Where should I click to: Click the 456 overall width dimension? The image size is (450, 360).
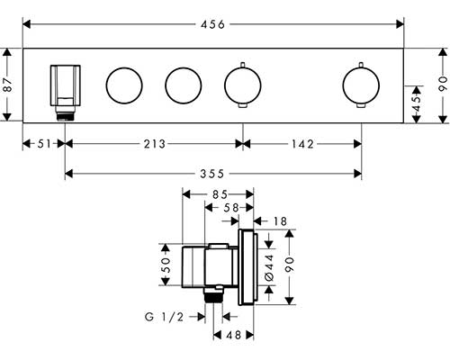click(x=212, y=24)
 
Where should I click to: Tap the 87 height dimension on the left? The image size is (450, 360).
click(x=7, y=85)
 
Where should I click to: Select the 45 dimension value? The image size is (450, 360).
click(x=416, y=103)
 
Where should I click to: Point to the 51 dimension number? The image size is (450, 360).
click(x=45, y=144)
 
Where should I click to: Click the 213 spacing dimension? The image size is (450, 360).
click(x=155, y=144)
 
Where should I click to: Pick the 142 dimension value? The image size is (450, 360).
click(x=302, y=144)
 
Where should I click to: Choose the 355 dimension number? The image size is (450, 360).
click(x=212, y=174)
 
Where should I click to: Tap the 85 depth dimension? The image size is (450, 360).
click(x=220, y=194)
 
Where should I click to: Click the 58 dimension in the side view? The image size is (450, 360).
click(x=231, y=207)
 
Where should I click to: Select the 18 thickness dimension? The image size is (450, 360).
click(x=280, y=221)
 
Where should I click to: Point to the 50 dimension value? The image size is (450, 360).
click(x=166, y=265)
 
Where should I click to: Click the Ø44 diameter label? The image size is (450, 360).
click(x=270, y=267)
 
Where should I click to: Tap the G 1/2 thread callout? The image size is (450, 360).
click(x=164, y=317)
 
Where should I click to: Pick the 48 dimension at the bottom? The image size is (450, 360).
click(x=234, y=335)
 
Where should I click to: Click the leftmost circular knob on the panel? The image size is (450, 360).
click(x=124, y=85)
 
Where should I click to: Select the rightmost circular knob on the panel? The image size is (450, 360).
click(x=361, y=85)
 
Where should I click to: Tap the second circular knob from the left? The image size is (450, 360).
click(x=184, y=85)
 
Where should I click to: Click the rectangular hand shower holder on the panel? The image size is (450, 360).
click(x=66, y=85)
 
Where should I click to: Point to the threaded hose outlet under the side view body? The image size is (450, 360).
click(x=213, y=295)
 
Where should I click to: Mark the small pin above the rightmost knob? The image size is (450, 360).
click(x=361, y=65)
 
